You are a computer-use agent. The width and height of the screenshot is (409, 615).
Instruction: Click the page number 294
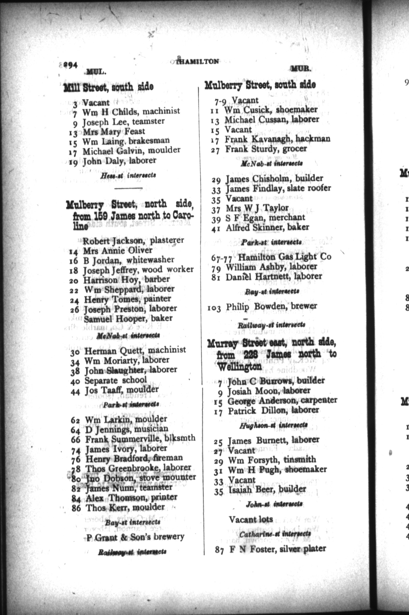pyautogui.click(x=70, y=65)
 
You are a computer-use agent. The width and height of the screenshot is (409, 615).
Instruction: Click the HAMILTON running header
pyautogui.click(x=198, y=61)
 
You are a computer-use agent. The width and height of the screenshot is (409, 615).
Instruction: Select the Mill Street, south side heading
pyautogui.click(x=108, y=87)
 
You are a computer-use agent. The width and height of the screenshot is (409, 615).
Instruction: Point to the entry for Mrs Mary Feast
pyautogui.click(x=114, y=131)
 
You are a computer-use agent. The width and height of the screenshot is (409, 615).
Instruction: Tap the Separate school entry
pyautogui.click(x=116, y=380)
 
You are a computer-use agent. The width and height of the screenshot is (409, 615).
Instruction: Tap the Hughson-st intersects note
pyautogui.click(x=273, y=425)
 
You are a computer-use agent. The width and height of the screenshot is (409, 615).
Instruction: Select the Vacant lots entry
pyautogui.click(x=251, y=519)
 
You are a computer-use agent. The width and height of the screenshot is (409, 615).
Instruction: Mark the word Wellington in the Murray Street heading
pyautogui.click(x=239, y=367)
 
